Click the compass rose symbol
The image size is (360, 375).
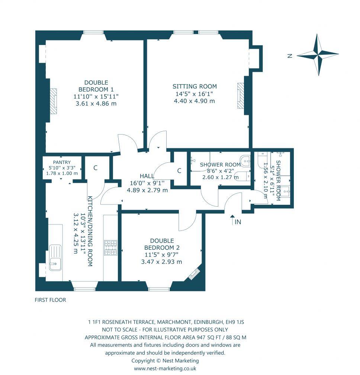coord(318,55)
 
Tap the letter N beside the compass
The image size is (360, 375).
coord(289,56)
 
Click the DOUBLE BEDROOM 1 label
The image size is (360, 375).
coord(96,86)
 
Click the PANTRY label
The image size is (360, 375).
coord(62,162)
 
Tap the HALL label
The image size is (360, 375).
coord(147,176)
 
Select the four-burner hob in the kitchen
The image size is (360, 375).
coord(110,248)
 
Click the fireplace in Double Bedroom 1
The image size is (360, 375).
coord(54,101)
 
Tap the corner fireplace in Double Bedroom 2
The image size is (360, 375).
coord(194,274)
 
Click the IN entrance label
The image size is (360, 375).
coord(237,222)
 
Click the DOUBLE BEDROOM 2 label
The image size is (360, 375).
coord(159,245)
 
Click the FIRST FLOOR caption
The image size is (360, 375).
coord(50,300)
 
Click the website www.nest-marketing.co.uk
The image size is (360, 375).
coord(165,368)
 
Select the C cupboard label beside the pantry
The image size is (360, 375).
coord(95,168)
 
